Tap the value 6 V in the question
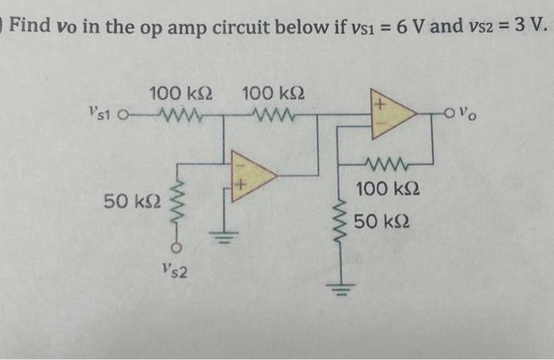pos(412,30)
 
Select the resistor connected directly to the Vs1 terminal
pos(181,117)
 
